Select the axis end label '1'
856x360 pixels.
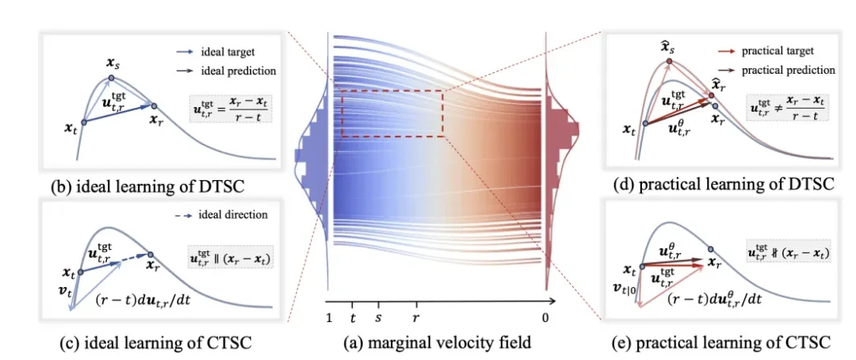pos(328,317)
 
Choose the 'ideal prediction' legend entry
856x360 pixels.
pos(239,71)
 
